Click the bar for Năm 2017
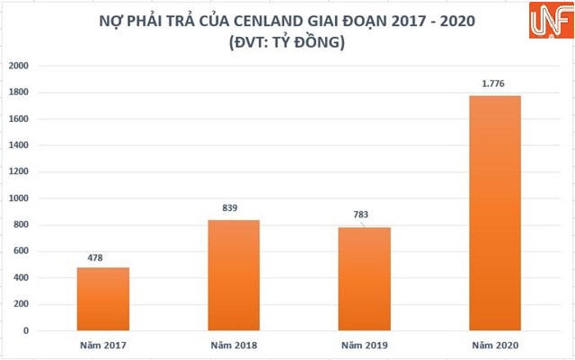102,299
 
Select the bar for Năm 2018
234,275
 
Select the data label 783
361,215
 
